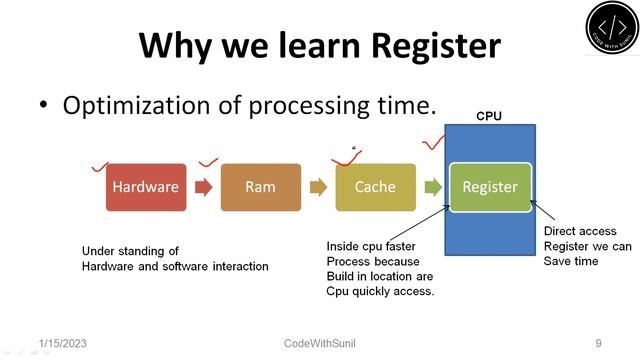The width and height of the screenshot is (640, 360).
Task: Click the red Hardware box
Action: (146, 187)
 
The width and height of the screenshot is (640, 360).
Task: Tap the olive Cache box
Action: (375, 187)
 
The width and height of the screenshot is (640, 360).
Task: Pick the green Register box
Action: (489, 187)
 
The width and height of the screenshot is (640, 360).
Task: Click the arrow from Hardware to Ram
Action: (203, 187)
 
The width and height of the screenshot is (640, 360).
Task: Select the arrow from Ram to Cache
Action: (318, 187)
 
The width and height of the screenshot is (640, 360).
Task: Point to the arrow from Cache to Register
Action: (432, 187)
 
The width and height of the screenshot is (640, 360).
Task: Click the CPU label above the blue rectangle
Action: (488, 116)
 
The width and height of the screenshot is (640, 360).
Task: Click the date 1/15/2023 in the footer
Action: (62, 343)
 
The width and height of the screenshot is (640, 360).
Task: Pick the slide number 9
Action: (597, 343)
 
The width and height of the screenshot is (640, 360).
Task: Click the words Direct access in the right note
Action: (580, 231)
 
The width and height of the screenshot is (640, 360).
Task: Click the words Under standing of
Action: (124, 251)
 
